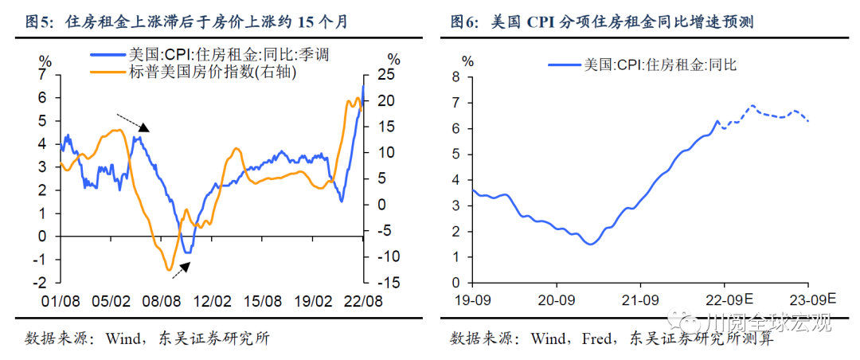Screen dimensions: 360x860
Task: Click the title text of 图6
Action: point(601,22)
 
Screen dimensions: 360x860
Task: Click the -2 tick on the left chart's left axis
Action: point(43,283)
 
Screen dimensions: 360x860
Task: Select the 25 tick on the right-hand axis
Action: point(387,74)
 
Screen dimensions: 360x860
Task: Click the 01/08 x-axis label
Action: point(61,301)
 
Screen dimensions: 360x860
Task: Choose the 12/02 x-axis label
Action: point(213,301)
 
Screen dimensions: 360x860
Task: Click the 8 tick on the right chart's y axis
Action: point(455,76)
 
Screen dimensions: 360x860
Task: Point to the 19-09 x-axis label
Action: point(472,300)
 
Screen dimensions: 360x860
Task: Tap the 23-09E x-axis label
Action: point(811,300)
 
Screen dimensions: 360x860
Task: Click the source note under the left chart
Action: point(147,338)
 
